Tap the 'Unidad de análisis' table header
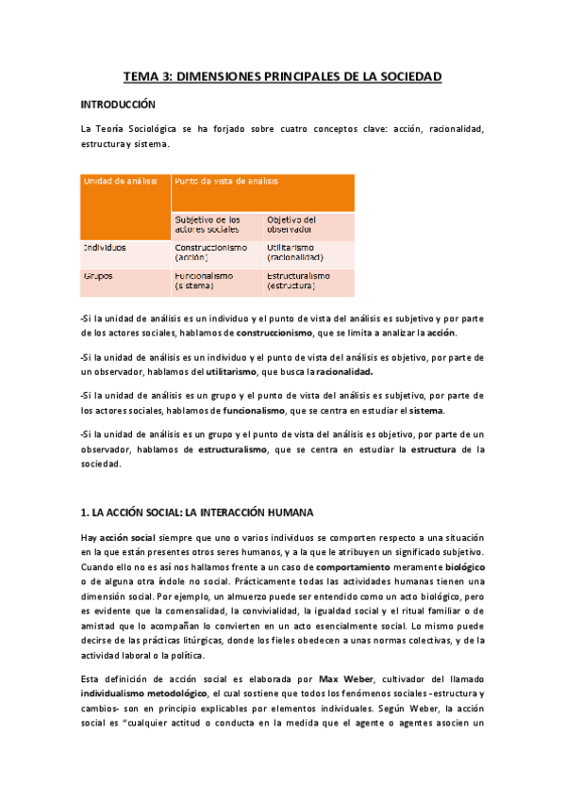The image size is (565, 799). [x=117, y=180]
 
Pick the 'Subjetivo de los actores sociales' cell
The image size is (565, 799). [x=208, y=224]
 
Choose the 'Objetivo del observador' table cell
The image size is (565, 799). [x=291, y=224]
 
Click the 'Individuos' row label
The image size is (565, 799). [x=105, y=248]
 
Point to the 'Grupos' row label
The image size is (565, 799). [x=99, y=276]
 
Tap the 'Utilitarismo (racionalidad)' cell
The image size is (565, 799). [x=295, y=252]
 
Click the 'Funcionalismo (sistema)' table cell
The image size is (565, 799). [x=204, y=280]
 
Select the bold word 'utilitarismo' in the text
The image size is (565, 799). [x=235, y=371]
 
